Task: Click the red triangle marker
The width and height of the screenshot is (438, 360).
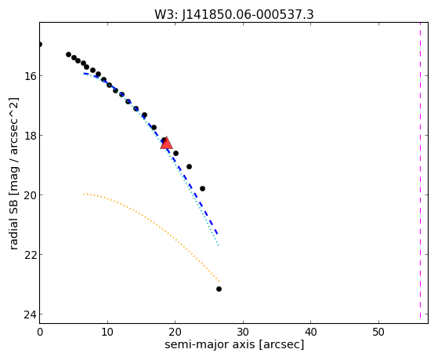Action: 166,143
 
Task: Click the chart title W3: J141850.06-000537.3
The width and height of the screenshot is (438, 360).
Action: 234,15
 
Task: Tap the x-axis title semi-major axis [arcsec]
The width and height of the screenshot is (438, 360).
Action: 234,344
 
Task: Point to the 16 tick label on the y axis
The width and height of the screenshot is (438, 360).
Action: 30,76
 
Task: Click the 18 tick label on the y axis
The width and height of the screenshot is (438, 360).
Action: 30,136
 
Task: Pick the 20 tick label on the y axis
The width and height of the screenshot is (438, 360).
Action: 30,195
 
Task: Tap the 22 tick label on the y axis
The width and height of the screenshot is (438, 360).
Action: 30,255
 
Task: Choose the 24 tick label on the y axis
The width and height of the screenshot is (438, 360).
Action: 30,315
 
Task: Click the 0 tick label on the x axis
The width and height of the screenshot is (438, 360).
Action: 40,333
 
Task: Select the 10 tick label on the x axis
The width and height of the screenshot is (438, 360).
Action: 107,333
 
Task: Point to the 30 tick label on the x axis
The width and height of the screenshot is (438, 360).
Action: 243,333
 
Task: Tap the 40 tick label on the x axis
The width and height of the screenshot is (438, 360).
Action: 311,333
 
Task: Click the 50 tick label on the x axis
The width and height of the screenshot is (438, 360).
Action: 378,333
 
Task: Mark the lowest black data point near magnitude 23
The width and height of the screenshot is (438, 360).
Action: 219,289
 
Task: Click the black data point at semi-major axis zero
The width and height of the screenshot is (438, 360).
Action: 40,44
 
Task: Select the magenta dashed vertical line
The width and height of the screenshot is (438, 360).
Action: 420,171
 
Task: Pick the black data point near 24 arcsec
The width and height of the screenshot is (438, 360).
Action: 202,188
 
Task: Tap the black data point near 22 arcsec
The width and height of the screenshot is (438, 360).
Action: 189,167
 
